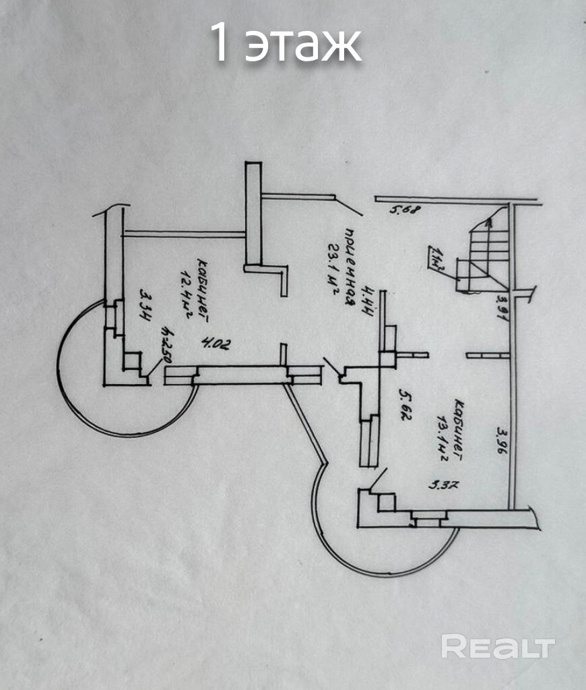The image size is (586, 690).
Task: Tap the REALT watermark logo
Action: (x=498, y=647)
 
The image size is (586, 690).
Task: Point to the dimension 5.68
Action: (x=405, y=210)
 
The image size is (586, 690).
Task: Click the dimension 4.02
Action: (x=216, y=344)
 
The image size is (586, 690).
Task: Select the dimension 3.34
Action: (x=143, y=306)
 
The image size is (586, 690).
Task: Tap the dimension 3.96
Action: (x=501, y=442)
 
